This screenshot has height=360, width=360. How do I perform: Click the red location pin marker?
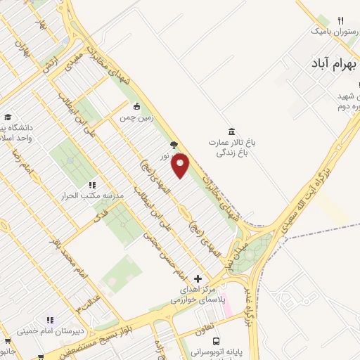181,166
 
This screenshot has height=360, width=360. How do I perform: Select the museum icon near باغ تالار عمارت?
232,131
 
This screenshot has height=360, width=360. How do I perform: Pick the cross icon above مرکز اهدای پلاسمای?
198,278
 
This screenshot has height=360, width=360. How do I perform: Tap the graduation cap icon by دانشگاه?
8,117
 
